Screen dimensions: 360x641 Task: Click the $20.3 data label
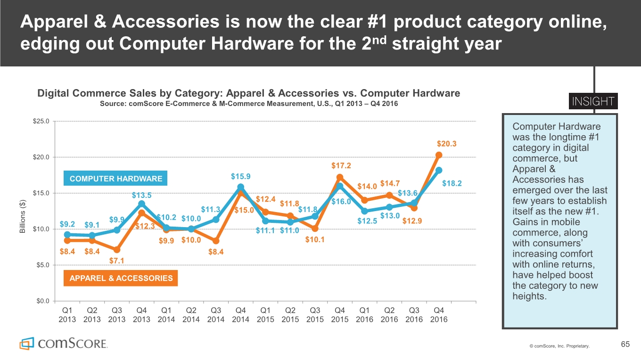(447, 144)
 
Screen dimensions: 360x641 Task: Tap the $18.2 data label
(452, 183)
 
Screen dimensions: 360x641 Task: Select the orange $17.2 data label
(341, 165)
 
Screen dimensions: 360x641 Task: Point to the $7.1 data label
(116, 261)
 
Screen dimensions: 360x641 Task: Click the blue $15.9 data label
(240, 177)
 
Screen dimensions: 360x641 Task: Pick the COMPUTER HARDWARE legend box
(116, 179)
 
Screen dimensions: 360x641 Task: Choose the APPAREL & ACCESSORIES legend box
(121, 278)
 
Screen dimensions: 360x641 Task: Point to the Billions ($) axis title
(23, 216)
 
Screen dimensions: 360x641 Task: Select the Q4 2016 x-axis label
(439, 315)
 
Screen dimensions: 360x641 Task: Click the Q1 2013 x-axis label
(67, 315)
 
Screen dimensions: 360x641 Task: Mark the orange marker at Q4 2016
(439, 155)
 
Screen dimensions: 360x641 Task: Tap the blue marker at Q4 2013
(142, 204)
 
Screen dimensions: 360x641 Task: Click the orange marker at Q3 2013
(117, 250)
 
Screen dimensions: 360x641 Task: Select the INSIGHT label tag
(593, 102)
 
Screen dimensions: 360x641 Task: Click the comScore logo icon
(26, 343)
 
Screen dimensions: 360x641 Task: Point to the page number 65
(625, 345)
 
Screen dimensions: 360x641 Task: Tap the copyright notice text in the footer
(559, 346)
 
